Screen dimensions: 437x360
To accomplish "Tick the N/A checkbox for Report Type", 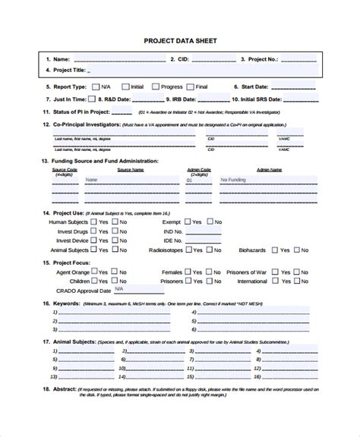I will pyautogui.click(x=95, y=87).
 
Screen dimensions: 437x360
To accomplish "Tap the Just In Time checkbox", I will pyautogui.click(x=92, y=99).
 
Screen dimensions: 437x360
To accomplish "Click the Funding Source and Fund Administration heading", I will pyautogui.click(x=106, y=161).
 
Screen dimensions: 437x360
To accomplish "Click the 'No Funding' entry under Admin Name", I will pyautogui.click(x=231, y=181).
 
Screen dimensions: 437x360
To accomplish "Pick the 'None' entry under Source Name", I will pyautogui.click(x=91, y=181).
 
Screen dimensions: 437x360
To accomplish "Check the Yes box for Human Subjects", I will pyautogui.click(x=93, y=222).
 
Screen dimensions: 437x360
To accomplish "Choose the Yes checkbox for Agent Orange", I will pyautogui.click(x=93, y=271).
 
